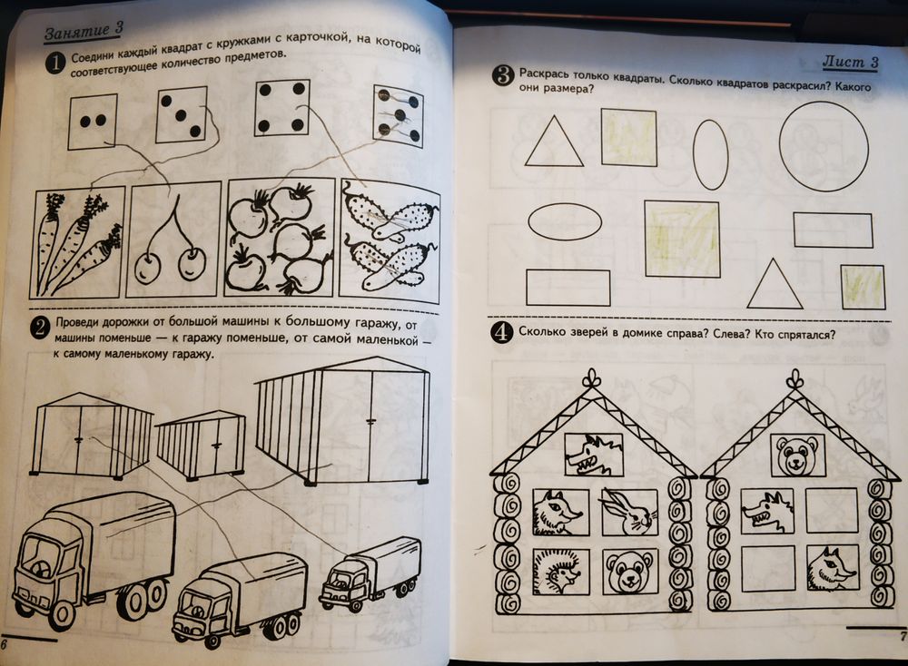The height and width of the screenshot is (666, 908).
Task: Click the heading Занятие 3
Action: (84, 31)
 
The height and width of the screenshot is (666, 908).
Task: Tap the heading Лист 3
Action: (851, 62)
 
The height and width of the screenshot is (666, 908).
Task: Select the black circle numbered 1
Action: (56, 62)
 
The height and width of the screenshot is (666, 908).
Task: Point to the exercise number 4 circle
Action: (501, 333)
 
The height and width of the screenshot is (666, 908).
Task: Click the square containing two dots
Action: (93, 122)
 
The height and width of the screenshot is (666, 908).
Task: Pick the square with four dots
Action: (281, 108)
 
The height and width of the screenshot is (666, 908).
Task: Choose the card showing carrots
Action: (79, 243)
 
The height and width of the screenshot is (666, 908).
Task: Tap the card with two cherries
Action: (173, 240)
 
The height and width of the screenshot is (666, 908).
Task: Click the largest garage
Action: (343, 421)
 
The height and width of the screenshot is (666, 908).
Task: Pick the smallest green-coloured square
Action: (863, 287)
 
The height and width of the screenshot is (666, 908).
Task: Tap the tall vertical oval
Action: (710, 154)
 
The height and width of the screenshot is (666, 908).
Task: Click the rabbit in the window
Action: (629, 513)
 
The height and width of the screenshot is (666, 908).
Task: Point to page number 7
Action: (902, 636)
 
